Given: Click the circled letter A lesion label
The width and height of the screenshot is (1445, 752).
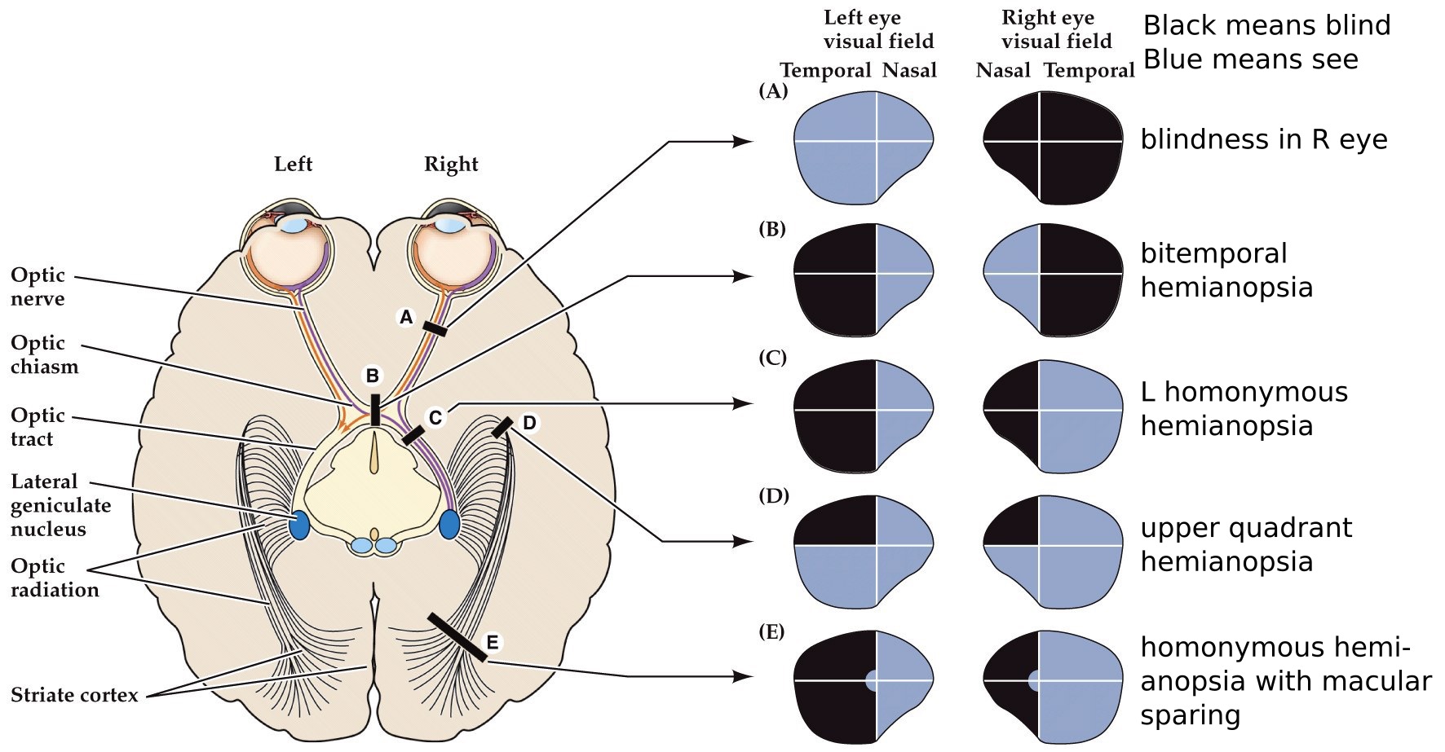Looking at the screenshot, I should click(406, 317).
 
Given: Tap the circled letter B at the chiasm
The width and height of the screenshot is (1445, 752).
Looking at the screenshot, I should click(372, 376).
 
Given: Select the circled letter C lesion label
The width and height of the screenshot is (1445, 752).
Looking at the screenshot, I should click(435, 418).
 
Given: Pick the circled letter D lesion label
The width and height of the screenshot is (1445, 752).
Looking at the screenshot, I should click(529, 423).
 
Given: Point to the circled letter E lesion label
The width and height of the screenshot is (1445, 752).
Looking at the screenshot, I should click(493, 643).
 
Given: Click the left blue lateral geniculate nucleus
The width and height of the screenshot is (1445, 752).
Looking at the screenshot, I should click(299, 525).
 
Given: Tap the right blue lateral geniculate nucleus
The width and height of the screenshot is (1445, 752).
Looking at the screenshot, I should click(449, 525).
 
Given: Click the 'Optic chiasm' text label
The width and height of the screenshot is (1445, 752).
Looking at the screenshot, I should click(44, 354).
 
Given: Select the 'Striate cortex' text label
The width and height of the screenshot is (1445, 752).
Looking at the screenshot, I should click(74, 695).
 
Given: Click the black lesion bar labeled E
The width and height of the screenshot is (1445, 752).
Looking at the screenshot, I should click(457, 637).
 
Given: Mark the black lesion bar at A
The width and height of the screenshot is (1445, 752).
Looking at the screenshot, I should click(435, 328).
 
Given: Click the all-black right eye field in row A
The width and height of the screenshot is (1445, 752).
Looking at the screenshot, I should click(1053, 146).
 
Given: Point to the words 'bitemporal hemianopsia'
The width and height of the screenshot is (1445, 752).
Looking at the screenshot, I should click(1226, 270).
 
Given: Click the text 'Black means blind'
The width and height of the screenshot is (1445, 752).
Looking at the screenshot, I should click(1266, 25).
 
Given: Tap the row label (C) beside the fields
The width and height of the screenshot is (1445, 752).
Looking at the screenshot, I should click(772, 358).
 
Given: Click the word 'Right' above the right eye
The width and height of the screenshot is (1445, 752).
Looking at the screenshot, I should click(451, 164).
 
